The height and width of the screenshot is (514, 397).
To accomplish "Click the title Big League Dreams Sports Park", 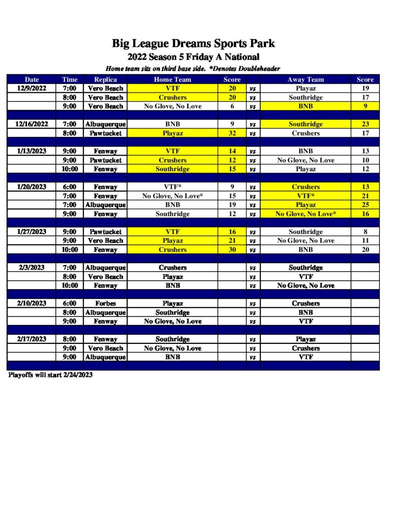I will coord(193,44).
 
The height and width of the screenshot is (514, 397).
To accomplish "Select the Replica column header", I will coord(105,79).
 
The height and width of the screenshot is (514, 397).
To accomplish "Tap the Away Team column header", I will coord(305,79).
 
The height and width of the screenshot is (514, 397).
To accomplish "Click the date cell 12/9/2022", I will coord(32,88).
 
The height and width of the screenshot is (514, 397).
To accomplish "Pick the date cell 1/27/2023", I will coord(32,232).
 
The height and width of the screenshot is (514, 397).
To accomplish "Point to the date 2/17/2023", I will coord(32,339).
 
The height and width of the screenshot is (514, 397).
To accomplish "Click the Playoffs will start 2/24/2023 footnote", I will coord(50,375).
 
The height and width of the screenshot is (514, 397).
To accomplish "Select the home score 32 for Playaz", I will coord(232,134).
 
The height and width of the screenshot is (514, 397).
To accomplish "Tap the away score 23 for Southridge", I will coord(365,124).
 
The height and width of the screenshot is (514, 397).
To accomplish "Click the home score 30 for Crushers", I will coord(232,250).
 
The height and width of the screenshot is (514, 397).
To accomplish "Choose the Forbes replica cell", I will coord(105,304).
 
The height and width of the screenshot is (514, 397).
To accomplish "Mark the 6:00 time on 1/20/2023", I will coord(70,187).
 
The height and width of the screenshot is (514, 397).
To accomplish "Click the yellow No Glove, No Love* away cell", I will coord(305,214).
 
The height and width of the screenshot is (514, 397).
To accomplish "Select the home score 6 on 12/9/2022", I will coord(232,106).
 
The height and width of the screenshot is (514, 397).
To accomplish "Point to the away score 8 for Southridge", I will coord(365,232).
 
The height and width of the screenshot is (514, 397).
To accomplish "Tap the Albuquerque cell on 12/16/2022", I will coord(105,124).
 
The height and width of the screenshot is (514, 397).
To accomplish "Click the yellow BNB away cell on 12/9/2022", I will coord(305,106).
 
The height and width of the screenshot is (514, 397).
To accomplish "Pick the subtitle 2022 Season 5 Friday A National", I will coord(193,57).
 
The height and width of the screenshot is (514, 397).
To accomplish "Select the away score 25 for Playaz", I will coord(365,205).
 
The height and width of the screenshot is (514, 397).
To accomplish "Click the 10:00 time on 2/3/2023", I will coord(70,286).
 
